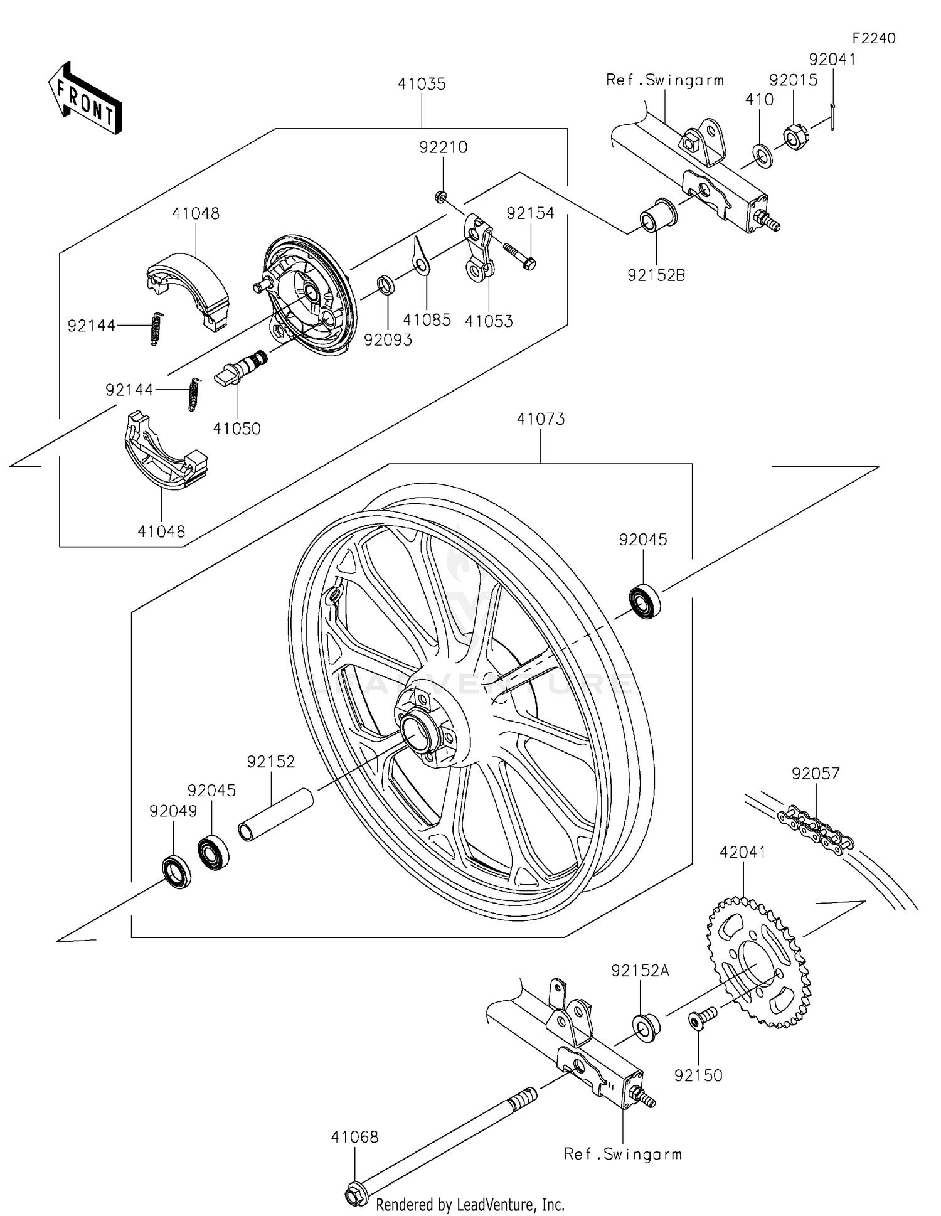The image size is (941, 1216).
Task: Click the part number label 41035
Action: pyautogui.click(x=421, y=84)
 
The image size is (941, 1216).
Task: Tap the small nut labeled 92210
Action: pyautogui.click(x=440, y=197)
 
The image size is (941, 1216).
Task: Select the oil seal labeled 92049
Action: pyautogui.click(x=176, y=871)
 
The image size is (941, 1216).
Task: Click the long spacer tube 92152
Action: pyautogui.click(x=275, y=814)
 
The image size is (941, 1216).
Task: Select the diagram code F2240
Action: pyautogui.click(x=873, y=38)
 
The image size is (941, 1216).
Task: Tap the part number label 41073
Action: pyautogui.click(x=540, y=419)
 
